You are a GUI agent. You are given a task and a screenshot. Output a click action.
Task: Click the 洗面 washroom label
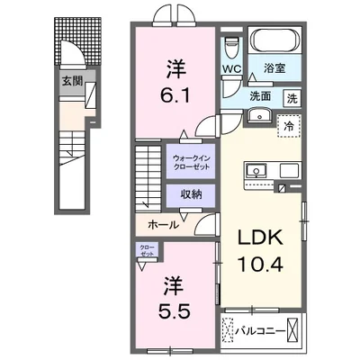pyautogui.click(x=261, y=96)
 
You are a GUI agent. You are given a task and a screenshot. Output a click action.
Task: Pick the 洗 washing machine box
pyautogui.click(x=292, y=97)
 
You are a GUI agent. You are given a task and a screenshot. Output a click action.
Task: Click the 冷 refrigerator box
pyautogui.click(x=292, y=127)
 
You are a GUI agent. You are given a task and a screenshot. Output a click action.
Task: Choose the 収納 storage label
pyautogui.click(x=189, y=193)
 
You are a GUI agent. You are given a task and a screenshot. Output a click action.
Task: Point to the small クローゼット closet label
pyautogui.click(x=146, y=250)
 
